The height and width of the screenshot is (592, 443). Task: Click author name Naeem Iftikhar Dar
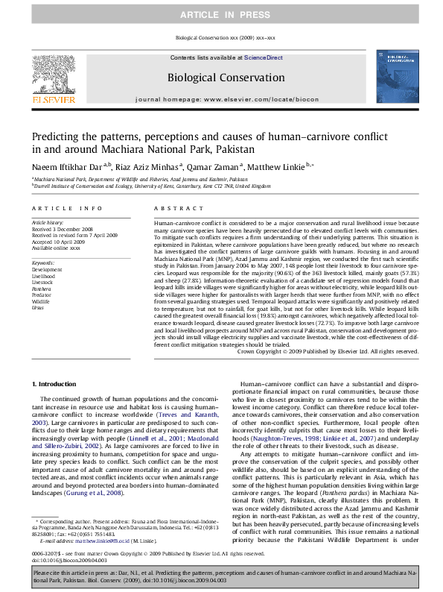[66, 166]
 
